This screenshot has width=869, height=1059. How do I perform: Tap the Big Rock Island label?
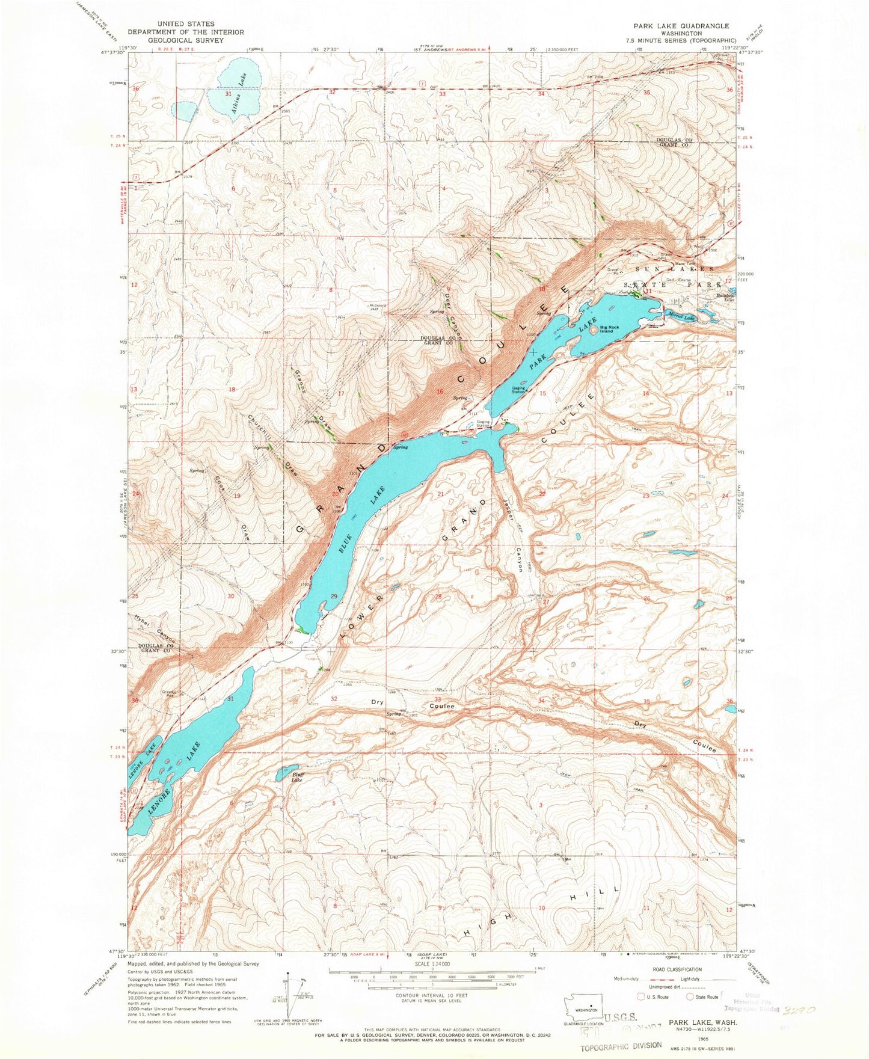(606, 330)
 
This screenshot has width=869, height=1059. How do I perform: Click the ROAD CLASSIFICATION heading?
(677, 969)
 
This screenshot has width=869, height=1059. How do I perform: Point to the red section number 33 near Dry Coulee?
(438, 699)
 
